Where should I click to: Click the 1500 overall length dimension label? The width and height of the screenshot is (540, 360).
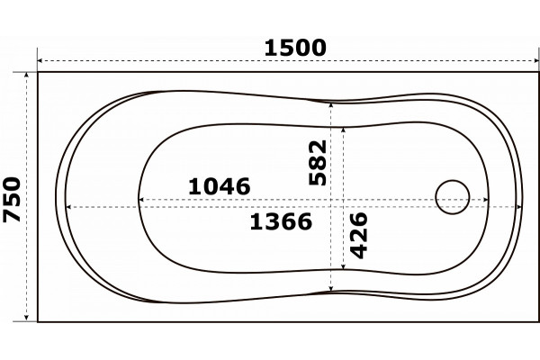tap(295, 48)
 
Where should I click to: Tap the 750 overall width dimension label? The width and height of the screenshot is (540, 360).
tap(12, 199)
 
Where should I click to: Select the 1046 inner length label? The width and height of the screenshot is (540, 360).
tap(220, 186)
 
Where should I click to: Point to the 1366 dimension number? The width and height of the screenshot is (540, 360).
tap(281, 221)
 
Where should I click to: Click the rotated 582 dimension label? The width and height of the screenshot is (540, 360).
tap(318, 163)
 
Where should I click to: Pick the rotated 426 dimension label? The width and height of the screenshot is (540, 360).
tap(359, 236)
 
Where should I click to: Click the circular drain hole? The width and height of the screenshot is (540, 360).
tap(452, 197)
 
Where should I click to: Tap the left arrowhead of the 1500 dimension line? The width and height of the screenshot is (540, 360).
tap(40, 61)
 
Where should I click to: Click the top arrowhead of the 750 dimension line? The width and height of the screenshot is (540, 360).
tap(26, 76)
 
